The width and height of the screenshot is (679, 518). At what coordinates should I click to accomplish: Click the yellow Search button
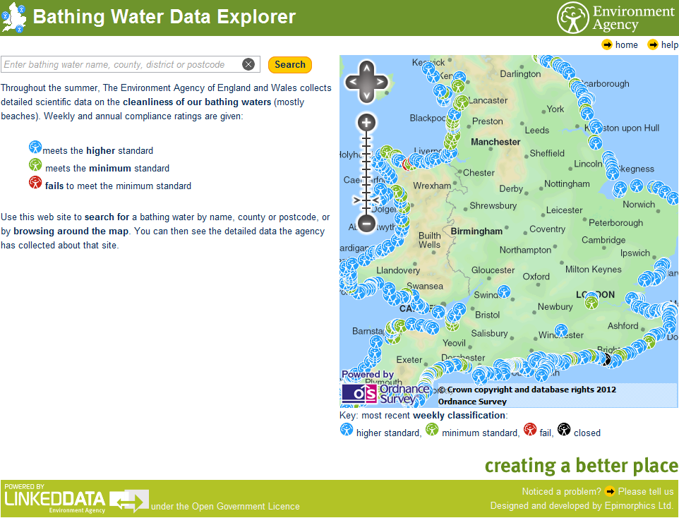point(289,64)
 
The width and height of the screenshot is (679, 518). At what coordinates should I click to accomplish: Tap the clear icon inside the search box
point(248,64)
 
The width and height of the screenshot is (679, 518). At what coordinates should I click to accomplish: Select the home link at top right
point(625,45)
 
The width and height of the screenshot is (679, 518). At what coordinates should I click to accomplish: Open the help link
point(669,45)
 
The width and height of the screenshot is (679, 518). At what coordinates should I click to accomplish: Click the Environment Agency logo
point(615,18)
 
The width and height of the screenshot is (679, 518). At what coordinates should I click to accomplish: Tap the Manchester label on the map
point(495,142)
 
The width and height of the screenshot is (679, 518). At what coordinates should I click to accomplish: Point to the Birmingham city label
point(476,231)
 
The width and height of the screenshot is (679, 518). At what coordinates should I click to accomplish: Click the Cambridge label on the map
point(603,240)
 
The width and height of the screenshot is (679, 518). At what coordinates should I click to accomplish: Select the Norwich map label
point(639,205)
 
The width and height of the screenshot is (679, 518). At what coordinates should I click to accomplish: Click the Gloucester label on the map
point(493,270)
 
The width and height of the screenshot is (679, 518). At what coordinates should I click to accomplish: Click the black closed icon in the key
point(564,429)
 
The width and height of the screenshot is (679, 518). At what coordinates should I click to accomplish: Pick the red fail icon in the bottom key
point(530,429)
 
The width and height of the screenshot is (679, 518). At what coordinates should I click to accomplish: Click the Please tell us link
point(646,491)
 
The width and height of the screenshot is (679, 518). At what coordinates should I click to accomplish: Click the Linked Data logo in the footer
point(55,498)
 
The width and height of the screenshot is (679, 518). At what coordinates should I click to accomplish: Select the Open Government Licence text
point(225,506)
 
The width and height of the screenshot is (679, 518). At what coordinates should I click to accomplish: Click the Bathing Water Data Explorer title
point(164,17)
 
